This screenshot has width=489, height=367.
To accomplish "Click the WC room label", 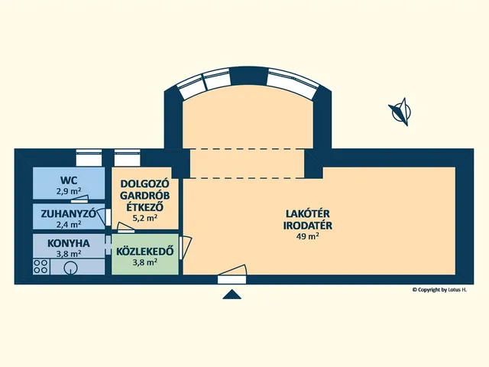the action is point(69,180).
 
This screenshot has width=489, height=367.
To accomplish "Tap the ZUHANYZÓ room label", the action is point(68,214).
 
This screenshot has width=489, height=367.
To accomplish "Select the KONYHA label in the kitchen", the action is point(69,243).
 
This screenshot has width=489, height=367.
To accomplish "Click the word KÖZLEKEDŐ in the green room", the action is point(145,252).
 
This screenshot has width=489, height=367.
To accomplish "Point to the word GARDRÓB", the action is point(145,196).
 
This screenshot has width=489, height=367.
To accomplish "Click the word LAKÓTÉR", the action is point(308,214).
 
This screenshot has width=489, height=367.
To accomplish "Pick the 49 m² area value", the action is point(308,236).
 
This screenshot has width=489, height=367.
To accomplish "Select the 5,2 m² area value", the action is point(145,218).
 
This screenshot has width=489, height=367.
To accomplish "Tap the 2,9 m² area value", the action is point(69,191).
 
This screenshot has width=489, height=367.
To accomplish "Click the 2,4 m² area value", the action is point(69,224).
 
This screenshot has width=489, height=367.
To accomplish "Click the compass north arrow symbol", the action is point(400,112).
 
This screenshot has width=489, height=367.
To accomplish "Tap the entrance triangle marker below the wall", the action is point(232,294).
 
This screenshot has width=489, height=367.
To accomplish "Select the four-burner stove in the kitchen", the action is point(40,267).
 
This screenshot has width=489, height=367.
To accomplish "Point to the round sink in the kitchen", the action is point(70,268).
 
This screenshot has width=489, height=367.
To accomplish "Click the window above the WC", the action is point(89,158).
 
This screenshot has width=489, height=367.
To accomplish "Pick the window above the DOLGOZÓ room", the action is point(127,158).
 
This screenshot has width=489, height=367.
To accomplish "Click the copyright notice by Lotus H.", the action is point(440,290).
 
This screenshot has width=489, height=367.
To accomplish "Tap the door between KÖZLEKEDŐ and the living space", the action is point(185,247).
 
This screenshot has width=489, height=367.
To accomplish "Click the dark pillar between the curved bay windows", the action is point(249,76).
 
